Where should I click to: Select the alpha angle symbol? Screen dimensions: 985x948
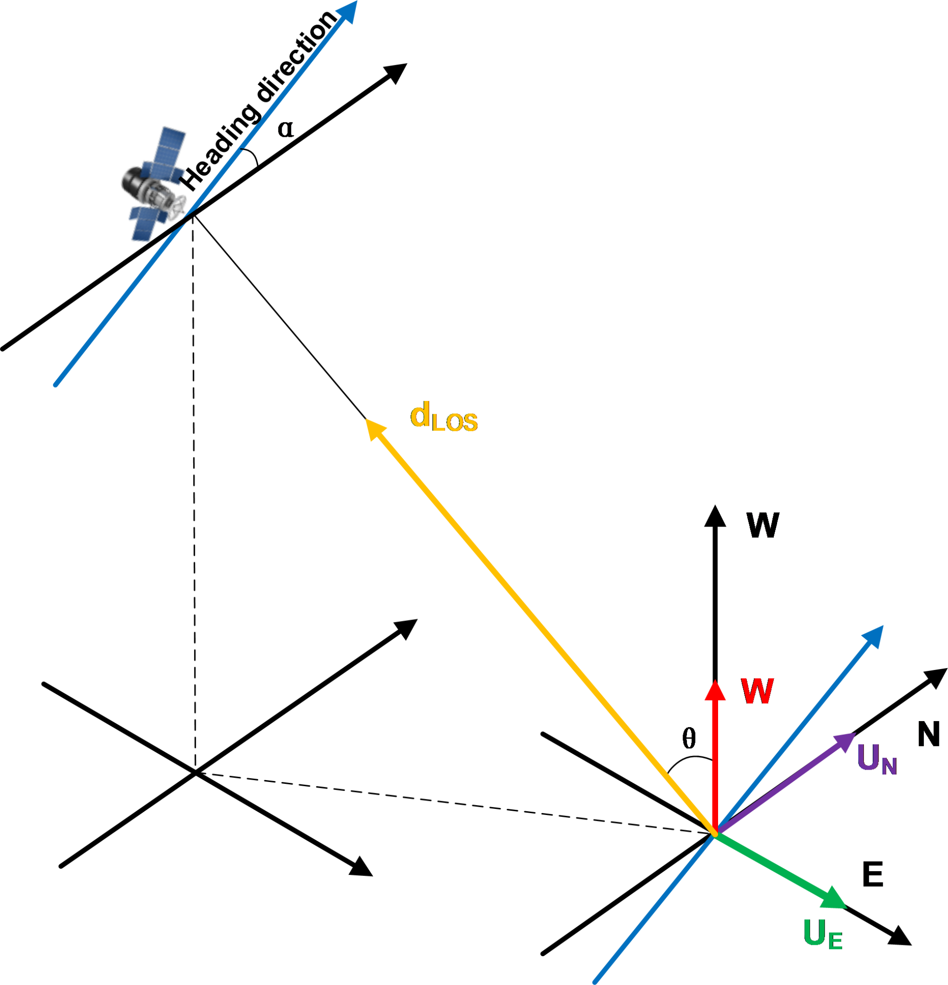point(285,129)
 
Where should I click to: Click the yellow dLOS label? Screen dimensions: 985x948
point(444,417)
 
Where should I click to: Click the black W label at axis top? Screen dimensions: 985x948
point(762,526)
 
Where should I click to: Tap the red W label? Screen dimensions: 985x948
point(757,691)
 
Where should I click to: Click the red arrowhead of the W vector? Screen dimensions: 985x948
point(715,690)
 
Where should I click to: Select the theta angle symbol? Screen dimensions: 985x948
point(689,738)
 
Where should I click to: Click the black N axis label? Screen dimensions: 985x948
point(928,734)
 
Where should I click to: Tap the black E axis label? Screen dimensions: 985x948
point(872,875)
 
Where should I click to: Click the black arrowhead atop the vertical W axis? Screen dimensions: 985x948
point(715,517)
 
